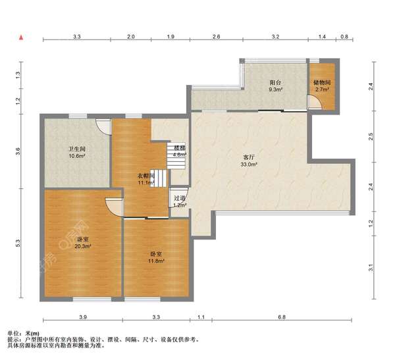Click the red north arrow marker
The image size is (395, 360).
(x=22, y=38)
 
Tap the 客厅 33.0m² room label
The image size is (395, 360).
(x=249, y=161)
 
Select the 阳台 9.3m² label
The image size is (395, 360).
(x=275, y=86)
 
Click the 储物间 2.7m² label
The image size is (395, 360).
(x=322, y=86)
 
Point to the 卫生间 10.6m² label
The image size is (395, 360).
(x=77, y=153)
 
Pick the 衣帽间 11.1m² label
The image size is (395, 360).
(x=146, y=179)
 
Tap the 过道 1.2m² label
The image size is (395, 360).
(x=180, y=201)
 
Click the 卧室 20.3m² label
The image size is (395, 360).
(x=83, y=243)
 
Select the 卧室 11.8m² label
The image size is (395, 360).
(x=156, y=257)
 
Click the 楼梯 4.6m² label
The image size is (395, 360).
(x=180, y=151)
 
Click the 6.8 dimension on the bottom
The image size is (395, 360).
(x=282, y=317)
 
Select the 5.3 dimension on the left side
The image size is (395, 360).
(x=18, y=243)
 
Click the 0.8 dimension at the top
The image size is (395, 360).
(x=344, y=37)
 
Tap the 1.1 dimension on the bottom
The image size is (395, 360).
(x=201, y=317)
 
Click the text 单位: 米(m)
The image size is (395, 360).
(x=24, y=334)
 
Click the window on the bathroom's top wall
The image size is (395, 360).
(x=78, y=116)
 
